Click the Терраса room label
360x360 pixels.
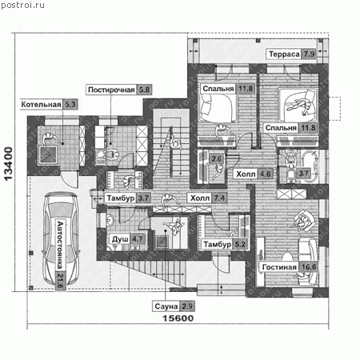pos(284,54)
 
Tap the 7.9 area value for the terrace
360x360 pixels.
pos(309,54)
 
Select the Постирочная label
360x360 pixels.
pos(111,90)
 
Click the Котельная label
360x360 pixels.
pos(41,104)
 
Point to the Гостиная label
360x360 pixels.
pos(279,267)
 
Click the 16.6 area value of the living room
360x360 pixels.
pos(309,267)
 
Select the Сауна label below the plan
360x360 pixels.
pos(166,306)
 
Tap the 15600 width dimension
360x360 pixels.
pos(178,318)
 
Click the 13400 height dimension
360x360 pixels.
pos(8,164)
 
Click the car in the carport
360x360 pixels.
pos(61,238)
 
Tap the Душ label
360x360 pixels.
pos(120,239)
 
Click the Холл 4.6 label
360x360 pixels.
pos(254,174)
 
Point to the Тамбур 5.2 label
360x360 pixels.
pos(225,244)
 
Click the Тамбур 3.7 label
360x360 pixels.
pos(128,198)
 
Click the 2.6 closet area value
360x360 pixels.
pos(216,159)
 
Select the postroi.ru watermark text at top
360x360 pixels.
pos(22,5)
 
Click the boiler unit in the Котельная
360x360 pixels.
pos(48,154)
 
